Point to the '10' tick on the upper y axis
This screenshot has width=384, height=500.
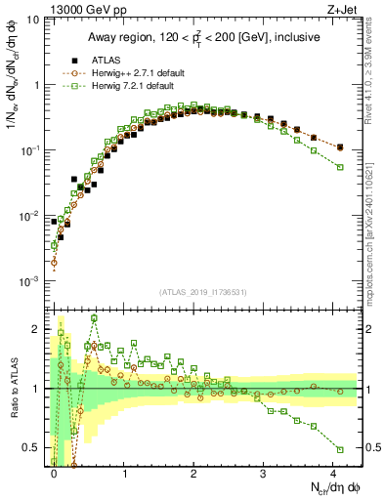coord(33,20)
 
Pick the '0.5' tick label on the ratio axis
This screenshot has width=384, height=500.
coord(33,448)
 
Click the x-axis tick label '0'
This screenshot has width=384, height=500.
coord(55,472)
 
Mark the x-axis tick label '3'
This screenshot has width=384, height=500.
coord(264,472)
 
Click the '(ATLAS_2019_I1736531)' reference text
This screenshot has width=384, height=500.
coord(201,292)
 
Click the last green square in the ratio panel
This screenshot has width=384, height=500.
coord(340,449)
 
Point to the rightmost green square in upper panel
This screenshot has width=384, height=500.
coord(340,167)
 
